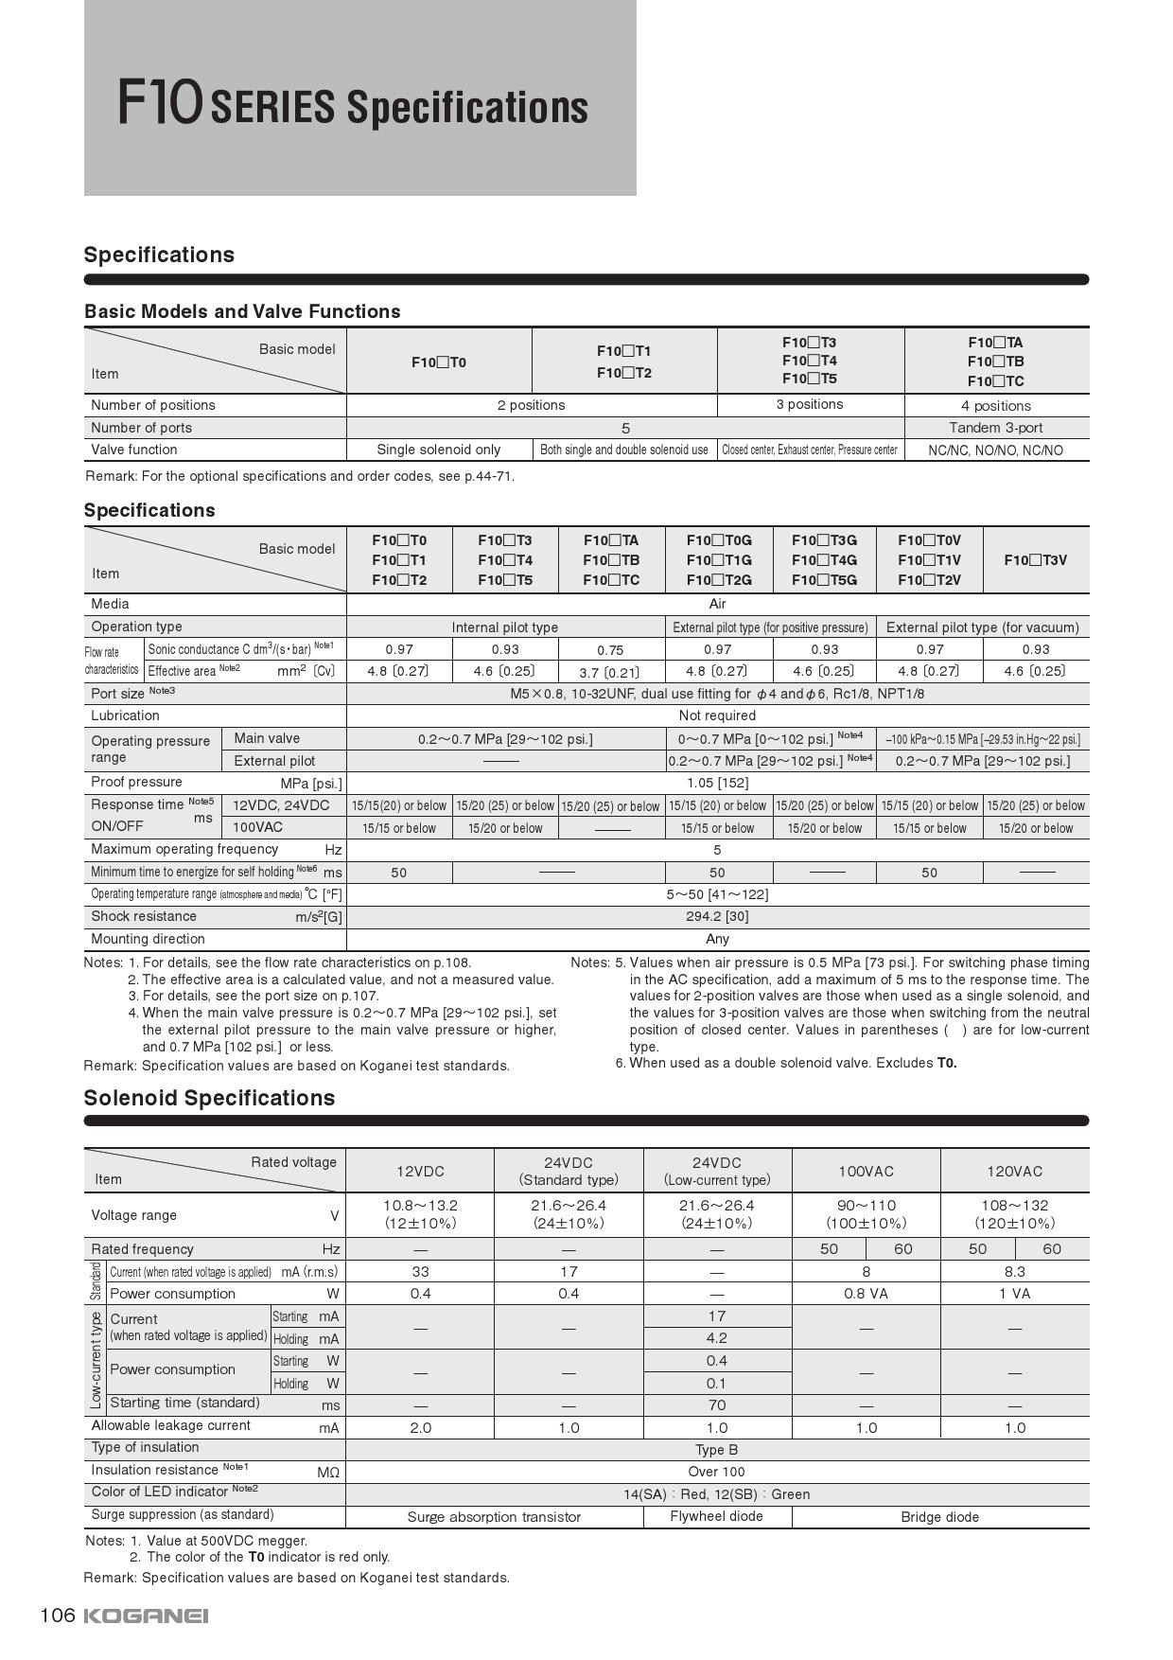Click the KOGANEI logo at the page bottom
point(146,1616)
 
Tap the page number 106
point(57,1615)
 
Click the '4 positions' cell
point(995,405)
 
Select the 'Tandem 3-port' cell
point(995,428)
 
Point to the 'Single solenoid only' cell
point(438,450)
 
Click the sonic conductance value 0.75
point(610,650)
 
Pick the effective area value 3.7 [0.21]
point(610,672)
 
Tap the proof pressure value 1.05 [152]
point(717,783)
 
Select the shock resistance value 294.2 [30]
point(717,916)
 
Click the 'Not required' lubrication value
point(717,715)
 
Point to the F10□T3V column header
point(1035,559)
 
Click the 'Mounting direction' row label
point(148,939)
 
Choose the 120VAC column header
point(1014,1171)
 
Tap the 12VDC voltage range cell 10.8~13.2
point(420,1213)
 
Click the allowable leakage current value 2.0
point(420,1427)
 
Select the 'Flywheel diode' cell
point(716,1516)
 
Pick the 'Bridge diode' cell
point(939,1517)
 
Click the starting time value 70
point(716,1405)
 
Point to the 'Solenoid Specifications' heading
point(209,1098)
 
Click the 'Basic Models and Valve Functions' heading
point(242,311)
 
